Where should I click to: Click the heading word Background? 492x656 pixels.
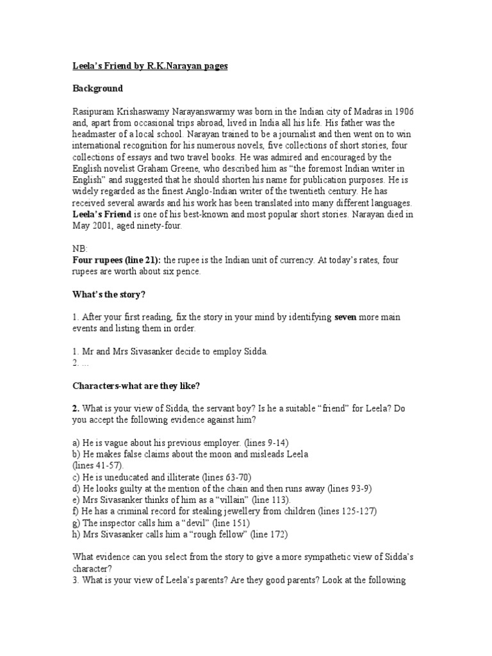(97, 88)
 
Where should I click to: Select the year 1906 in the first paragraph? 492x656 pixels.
(403, 111)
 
